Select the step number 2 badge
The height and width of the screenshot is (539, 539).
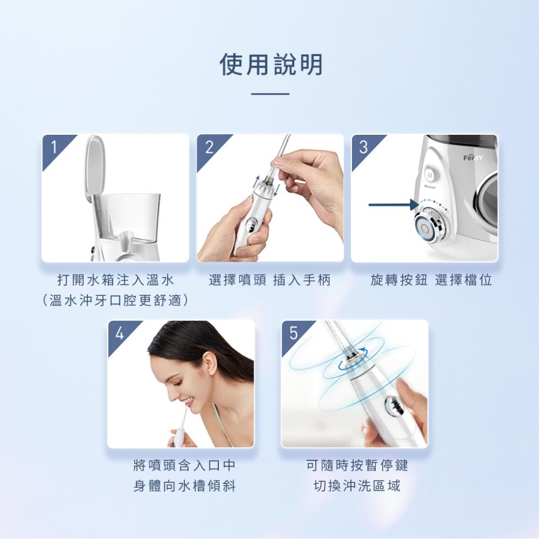point(209,147)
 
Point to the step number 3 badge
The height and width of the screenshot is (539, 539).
point(364,147)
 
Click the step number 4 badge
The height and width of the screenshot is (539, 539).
point(119,333)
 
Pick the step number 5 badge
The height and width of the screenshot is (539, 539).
point(293,333)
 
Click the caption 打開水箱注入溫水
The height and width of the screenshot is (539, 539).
point(116,280)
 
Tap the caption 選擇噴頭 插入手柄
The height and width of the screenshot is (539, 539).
point(270,280)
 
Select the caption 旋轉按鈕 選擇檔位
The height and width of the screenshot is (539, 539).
point(431,280)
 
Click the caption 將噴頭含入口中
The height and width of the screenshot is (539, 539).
point(184,466)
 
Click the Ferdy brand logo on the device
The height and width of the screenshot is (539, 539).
point(472,158)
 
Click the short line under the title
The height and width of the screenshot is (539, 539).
point(270,94)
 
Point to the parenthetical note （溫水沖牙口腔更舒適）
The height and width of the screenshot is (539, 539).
point(116,301)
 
